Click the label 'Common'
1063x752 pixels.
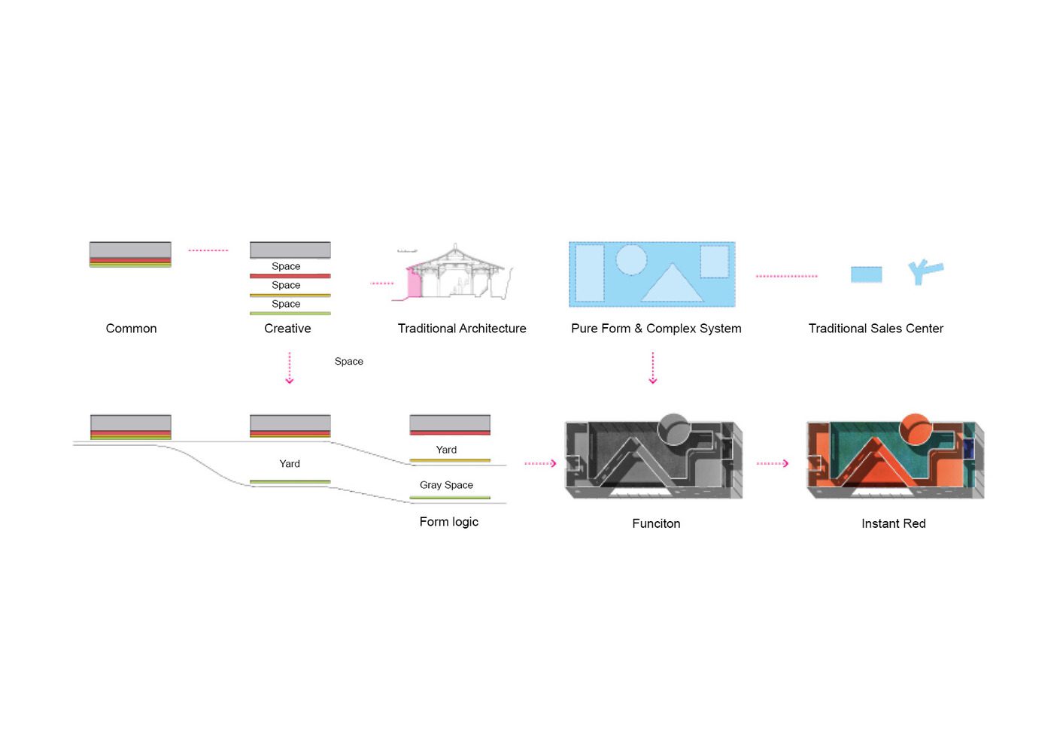click(x=131, y=329)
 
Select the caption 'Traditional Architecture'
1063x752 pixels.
click(x=462, y=329)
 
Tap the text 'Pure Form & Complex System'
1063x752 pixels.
click(x=656, y=329)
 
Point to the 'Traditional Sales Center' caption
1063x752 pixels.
click(x=876, y=329)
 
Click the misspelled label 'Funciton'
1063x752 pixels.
click(x=656, y=523)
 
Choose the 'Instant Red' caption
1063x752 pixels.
click(x=893, y=523)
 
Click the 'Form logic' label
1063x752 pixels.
click(x=448, y=522)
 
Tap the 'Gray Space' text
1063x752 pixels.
click(x=446, y=485)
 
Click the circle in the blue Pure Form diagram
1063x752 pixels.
click(x=631, y=259)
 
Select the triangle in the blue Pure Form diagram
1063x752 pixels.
click(x=672, y=284)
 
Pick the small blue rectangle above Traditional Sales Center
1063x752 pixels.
click(x=866, y=274)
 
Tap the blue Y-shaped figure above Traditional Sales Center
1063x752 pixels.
click(x=925, y=272)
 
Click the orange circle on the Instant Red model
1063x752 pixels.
click(x=915, y=428)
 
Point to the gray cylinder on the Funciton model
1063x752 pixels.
click(x=673, y=429)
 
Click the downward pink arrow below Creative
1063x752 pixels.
click(x=290, y=368)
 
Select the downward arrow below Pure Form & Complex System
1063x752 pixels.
click(x=652, y=368)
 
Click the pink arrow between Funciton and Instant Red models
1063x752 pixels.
click(x=773, y=463)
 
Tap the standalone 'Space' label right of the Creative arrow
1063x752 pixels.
click(x=349, y=362)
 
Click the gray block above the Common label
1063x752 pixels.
click(x=130, y=250)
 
